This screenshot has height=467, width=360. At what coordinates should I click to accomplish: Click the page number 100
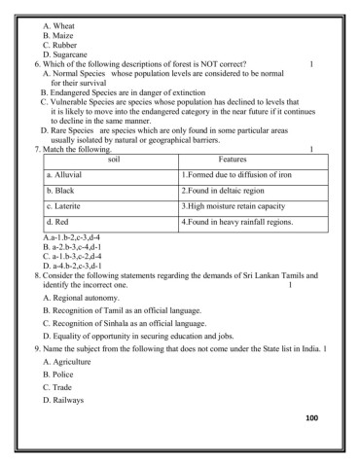(x=310, y=417)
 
